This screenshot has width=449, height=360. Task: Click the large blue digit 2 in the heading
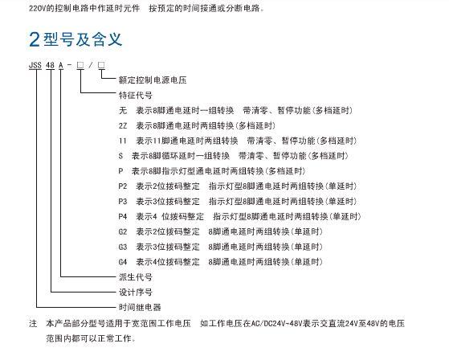35,39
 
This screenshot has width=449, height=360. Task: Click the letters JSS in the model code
35,65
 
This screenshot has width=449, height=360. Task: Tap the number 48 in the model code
50,65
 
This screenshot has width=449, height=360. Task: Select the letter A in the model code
61,65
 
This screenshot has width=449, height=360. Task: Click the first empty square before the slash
80,65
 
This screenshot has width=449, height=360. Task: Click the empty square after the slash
101,65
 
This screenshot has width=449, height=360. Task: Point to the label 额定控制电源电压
153,80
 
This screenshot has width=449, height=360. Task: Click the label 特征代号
136,95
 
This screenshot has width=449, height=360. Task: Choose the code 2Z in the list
123,125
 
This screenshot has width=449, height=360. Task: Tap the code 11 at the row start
123,141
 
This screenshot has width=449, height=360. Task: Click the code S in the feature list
120,156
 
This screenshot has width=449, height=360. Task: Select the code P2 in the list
123,186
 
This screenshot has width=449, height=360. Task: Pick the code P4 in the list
123,216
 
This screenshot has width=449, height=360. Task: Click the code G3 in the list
123,247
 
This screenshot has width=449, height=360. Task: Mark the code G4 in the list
123,262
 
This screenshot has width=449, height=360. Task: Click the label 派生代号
136,277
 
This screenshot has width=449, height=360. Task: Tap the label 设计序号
136,292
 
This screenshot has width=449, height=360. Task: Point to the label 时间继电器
140,307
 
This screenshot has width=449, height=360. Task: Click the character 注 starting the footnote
33,324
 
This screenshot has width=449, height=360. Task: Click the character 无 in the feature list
123,110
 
